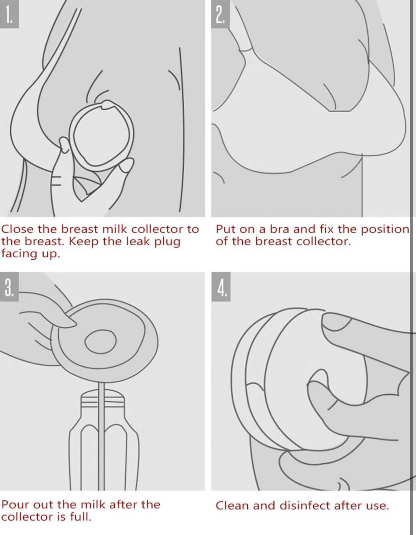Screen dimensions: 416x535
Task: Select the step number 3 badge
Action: [9, 286]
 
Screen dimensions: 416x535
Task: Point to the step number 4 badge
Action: [221, 286]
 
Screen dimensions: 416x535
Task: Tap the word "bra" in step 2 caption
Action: [280, 229]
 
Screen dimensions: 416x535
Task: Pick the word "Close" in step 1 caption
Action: [17, 229]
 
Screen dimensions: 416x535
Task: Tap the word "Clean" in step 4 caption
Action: [232, 506]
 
